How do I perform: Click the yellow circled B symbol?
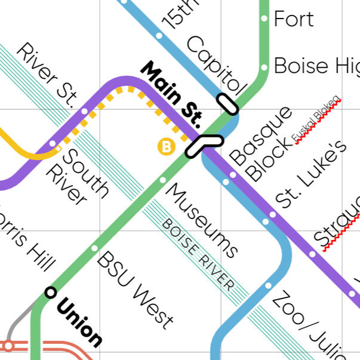tap(165, 146)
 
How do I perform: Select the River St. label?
tap(46, 75)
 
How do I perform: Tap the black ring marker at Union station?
tap(51, 292)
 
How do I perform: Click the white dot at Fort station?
tap(263, 19)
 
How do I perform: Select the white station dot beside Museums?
tap(162, 179)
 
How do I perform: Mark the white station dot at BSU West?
tap(94, 248)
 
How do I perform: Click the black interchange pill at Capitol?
tap(227, 103)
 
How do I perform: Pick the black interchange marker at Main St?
tap(203, 144)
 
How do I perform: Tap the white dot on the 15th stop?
tap(159, 35)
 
